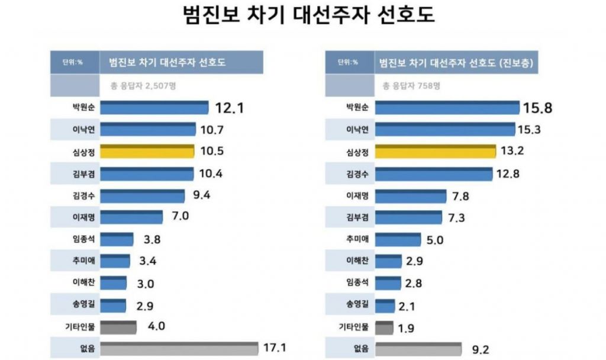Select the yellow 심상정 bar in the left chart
click(x=147, y=152)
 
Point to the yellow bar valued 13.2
click(x=436, y=152)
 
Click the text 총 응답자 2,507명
click(x=143, y=85)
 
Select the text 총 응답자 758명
click(x=411, y=85)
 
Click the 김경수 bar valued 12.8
click(x=434, y=173)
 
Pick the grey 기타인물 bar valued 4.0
click(x=118, y=326)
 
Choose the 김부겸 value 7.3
click(x=457, y=218)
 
